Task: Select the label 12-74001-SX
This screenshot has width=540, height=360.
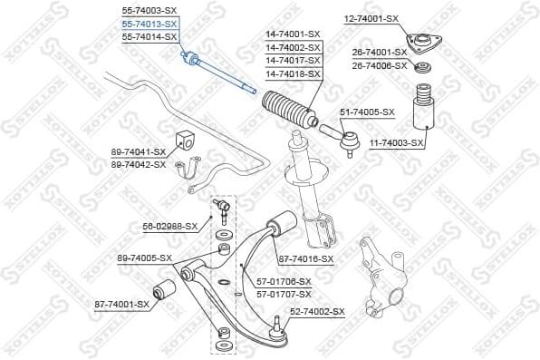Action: coord(371,18)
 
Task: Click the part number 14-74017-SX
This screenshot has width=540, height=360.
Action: coord(293,60)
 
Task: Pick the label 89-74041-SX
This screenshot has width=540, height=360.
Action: coord(138,151)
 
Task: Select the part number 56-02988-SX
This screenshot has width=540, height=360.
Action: coord(170,226)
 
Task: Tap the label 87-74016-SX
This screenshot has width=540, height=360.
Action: coord(306,258)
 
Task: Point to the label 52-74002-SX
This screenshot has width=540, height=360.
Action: coord(317,312)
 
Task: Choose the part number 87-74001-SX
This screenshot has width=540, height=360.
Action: coord(121,304)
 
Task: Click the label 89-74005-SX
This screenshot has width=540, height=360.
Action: coord(144,258)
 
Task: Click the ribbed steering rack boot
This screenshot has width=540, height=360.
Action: coord(287,110)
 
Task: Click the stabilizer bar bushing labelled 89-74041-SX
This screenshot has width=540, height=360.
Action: coord(189,141)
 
